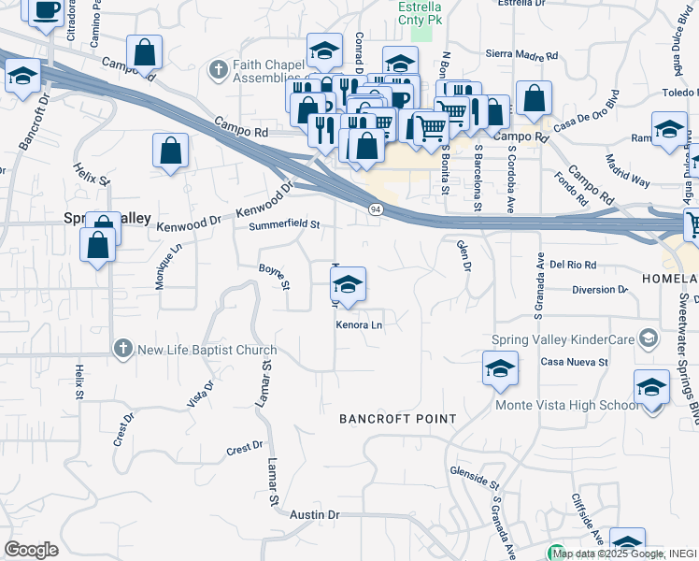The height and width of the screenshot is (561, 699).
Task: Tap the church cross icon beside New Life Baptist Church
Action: [x=121, y=350]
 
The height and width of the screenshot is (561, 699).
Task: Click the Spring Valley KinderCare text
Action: [x=563, y=338]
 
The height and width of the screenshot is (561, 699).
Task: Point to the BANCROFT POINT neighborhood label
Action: [x=397, y=419]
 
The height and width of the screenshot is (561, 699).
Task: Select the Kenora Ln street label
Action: [x=361, y=324]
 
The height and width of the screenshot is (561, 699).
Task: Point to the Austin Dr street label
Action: [x=314, y=515]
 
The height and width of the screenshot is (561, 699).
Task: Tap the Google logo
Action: [x=31, y=550]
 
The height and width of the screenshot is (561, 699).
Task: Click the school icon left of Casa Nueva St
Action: [x=500, y=368]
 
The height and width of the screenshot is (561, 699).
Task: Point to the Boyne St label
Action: [x=276, y=276]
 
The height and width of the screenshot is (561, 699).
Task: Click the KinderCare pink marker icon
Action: [x=646, y=339]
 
